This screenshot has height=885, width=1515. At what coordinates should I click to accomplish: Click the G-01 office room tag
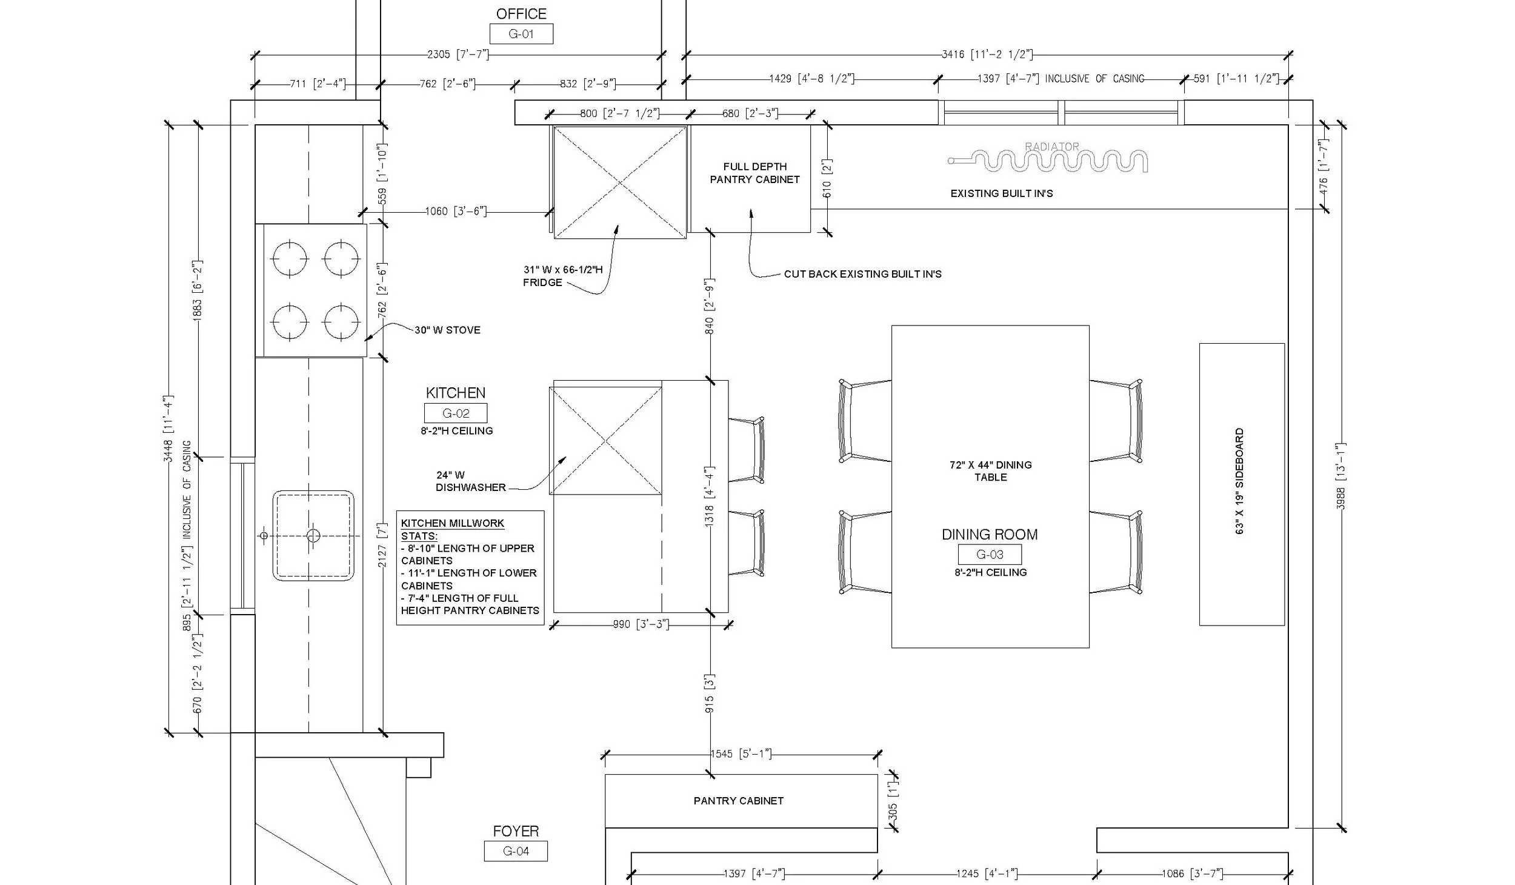point(521,34)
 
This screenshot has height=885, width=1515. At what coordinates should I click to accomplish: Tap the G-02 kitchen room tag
point(456,413)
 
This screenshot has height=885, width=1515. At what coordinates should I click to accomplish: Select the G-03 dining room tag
point(990,554)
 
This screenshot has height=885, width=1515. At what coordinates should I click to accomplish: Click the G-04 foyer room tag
point(516,851)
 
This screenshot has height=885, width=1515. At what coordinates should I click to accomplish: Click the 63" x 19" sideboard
point(1242,484)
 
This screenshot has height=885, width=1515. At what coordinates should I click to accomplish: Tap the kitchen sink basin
point(313,536)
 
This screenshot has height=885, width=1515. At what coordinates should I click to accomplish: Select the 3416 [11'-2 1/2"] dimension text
point(987,55)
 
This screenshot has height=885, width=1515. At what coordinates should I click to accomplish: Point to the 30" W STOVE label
point(447,330)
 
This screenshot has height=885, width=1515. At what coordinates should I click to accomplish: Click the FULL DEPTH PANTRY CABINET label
point(754,173)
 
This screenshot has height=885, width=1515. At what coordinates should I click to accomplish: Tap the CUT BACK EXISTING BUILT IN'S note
point(863,274)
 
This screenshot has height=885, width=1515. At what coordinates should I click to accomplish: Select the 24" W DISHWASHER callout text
point(470,481)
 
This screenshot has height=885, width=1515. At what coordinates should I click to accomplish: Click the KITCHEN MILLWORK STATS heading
point(453,529)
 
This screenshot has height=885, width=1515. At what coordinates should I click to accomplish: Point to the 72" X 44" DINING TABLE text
point(991,471)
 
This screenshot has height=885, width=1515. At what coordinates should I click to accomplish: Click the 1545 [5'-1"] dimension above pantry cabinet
point(741,754)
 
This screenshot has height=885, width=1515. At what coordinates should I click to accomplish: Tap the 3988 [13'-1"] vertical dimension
point(1341,476)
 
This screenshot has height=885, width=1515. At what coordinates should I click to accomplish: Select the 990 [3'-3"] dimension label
point(641,624)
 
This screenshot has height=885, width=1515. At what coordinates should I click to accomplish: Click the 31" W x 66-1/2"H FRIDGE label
point(563,276)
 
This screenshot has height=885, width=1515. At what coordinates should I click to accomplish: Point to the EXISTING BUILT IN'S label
point(1002,194)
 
